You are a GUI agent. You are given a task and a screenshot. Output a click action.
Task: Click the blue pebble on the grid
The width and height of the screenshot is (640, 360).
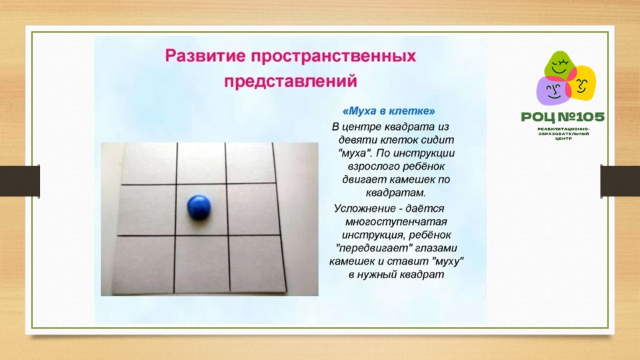click(x=199, y=207)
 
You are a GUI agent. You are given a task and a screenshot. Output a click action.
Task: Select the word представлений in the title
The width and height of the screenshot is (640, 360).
click(x=291, y=81)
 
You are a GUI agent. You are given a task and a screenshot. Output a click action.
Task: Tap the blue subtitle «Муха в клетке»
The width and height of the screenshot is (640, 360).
click(x=389, y=111)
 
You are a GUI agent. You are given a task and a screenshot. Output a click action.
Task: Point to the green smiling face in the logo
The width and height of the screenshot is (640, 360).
click(x=559, y=65)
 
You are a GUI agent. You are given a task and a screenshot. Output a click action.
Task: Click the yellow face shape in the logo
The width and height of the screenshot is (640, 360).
click(x=581, y=84)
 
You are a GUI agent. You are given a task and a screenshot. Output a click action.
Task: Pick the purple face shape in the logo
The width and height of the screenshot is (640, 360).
click(x=553, y=91)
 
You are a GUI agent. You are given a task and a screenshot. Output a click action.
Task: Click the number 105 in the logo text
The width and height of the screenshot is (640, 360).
click(x=588, y=117)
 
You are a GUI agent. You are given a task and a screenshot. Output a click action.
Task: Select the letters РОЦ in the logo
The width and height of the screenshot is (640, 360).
click(x=538, y=118)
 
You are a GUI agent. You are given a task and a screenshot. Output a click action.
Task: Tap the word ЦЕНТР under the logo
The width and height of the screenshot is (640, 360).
click(x=563, y=139)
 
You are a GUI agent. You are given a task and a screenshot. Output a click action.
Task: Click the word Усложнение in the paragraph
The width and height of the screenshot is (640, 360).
click(x=365, y=209)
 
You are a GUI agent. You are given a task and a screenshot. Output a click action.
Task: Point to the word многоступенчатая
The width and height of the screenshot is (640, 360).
click(x=396, y=221)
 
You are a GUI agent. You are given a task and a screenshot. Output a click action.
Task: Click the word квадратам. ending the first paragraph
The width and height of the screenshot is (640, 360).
click(x=395, y=193)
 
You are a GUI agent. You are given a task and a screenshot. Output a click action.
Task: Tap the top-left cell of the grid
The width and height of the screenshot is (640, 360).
click(x=149, y=163)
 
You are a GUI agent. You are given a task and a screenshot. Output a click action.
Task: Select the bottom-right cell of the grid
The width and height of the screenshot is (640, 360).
click(x=257, y=264)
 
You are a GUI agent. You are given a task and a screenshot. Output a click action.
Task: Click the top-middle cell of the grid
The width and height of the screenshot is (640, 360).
click(x=201, y=163)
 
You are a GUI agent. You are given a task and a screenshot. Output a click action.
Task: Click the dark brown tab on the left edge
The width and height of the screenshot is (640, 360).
click(x=20, y=181)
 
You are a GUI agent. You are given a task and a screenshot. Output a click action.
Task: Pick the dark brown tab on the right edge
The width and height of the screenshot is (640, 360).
click(x=620, y=181)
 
